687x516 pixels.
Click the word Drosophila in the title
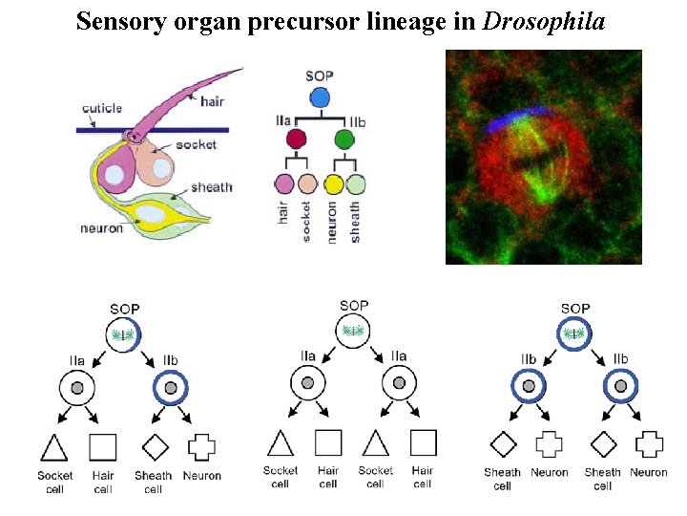(x=544, y=20)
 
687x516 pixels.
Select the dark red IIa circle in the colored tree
(x=297, y=140)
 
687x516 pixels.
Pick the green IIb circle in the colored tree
(x=344, y=140)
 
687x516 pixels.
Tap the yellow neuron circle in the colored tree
(x=332, y=184)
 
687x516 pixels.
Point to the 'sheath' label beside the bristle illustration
(x=212, y=186)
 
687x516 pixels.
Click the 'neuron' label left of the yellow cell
(x=102, y=228)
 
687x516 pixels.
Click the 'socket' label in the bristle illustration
(x=196, y=145)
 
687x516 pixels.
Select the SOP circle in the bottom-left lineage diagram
(x=124, y=335)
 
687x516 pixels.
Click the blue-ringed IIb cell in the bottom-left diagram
(x=171, y=389)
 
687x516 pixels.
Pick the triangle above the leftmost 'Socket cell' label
(x=53, y=447)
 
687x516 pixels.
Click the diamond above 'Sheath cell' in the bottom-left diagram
(x=153, y=446)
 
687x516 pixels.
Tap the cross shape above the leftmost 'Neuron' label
(x=201, y=446)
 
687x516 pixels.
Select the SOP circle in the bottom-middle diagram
(x=354, y=332)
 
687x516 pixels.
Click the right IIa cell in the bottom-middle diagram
(x=399, y=384)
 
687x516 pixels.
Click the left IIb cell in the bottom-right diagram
(x=528, y=386)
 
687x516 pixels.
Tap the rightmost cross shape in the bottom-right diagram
(x=649, y=445)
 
